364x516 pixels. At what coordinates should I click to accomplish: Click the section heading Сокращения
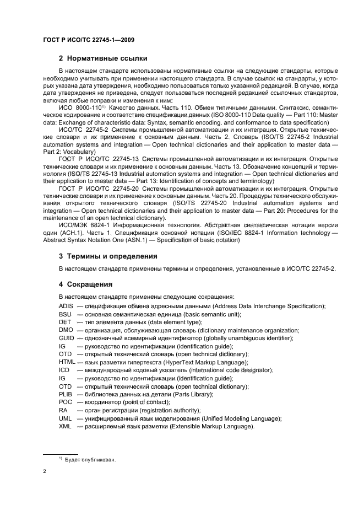pyautogui.click(x=89, y=284)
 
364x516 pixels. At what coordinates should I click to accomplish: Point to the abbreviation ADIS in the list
pyautogui.click(x=66, y=306)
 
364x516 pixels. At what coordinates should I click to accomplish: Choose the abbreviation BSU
pyautogui.click(x=65, y=314)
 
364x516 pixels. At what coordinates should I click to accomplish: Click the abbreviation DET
pyautogui.click(x=64, y=322)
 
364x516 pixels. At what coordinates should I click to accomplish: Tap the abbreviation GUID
pyautogui.click(x=66, y=338)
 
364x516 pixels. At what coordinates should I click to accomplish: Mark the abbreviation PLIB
pyautogui.click(x=66, y=394)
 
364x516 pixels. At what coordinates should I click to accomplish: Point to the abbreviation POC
pyautogui.click(x=65, y=402)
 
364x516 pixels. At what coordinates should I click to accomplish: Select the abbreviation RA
pyautogui.click(x=63, y=410)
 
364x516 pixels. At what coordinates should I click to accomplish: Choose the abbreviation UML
pyautogui.click(x=66, y=418)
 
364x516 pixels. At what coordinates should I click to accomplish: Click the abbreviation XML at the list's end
pyautogui.click(x=66, y=427)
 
